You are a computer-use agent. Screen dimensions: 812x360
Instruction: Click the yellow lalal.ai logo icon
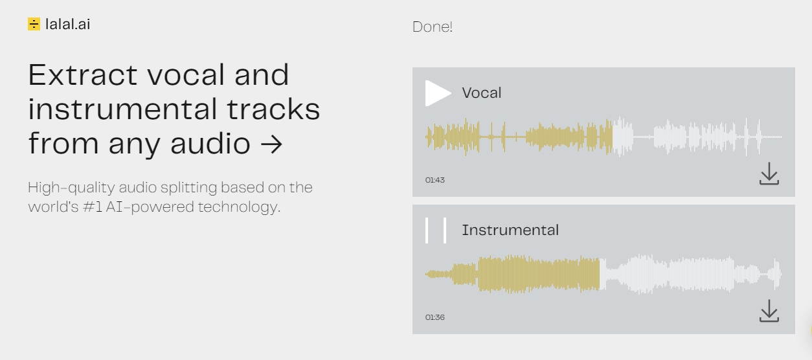[34, 24]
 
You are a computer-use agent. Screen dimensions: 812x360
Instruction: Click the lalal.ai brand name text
[68, 25]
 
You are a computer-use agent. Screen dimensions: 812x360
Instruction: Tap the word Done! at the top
[433, 27]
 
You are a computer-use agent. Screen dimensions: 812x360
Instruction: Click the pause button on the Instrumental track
[436, 231]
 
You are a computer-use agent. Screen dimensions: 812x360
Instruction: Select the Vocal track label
[482, 93]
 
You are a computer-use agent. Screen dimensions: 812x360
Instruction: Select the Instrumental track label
[510, 231]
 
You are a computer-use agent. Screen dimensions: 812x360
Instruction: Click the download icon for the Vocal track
[769, 174]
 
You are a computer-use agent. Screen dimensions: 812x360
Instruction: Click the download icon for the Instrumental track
[769, 311]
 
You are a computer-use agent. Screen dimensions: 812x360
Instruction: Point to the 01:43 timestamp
[435, 180]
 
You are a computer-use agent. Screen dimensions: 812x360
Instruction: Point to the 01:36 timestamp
[435, 317]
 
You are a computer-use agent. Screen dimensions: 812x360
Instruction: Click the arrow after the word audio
[271, 144]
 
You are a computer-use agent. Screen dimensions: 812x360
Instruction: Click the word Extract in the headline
[83, 75]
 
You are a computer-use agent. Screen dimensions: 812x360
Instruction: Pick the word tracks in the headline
[274, 109]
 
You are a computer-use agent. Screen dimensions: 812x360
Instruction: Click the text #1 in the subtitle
[93, 207]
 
